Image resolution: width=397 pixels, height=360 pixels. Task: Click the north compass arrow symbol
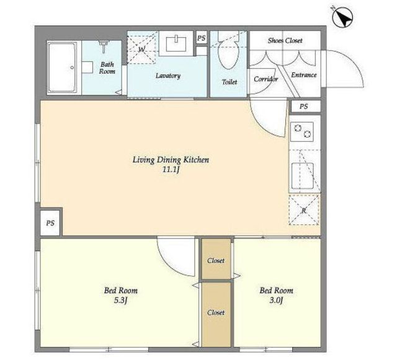click(x=342, y=17)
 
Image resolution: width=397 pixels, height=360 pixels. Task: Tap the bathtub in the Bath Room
click(x=62, y=68)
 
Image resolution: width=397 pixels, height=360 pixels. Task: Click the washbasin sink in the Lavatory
click(x=176, y=44)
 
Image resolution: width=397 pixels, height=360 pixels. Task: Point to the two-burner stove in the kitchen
click(x=302, y=131)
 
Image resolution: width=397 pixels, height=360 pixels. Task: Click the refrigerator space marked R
click(x=304, y=210)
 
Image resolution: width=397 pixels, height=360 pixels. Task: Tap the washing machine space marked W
click(x=141, y=49)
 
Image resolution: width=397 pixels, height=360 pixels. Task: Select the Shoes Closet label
click(x=285, y=40)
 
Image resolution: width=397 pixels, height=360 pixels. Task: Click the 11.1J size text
click(x=171, y=170)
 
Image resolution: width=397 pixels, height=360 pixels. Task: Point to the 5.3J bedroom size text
click(x=120, y=301)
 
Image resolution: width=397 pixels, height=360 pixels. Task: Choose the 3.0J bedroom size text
click(x=276, y=301)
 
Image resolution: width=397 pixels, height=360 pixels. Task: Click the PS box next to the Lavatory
click(x=202, y=38)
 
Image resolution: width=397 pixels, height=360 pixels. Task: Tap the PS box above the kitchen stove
click(x=305, y=107)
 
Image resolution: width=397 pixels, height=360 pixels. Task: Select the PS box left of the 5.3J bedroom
click(x=50, y=223)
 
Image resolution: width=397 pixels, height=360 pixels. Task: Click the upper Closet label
click(x=216, y=260)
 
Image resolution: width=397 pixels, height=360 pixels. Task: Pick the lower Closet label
click(x=216, y=312)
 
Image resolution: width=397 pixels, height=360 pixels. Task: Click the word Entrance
click(x=304, y=75)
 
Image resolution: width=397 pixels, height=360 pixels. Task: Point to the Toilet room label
click(x=230, y=82)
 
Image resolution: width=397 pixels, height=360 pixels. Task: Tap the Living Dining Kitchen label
click(x=171, y=160)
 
